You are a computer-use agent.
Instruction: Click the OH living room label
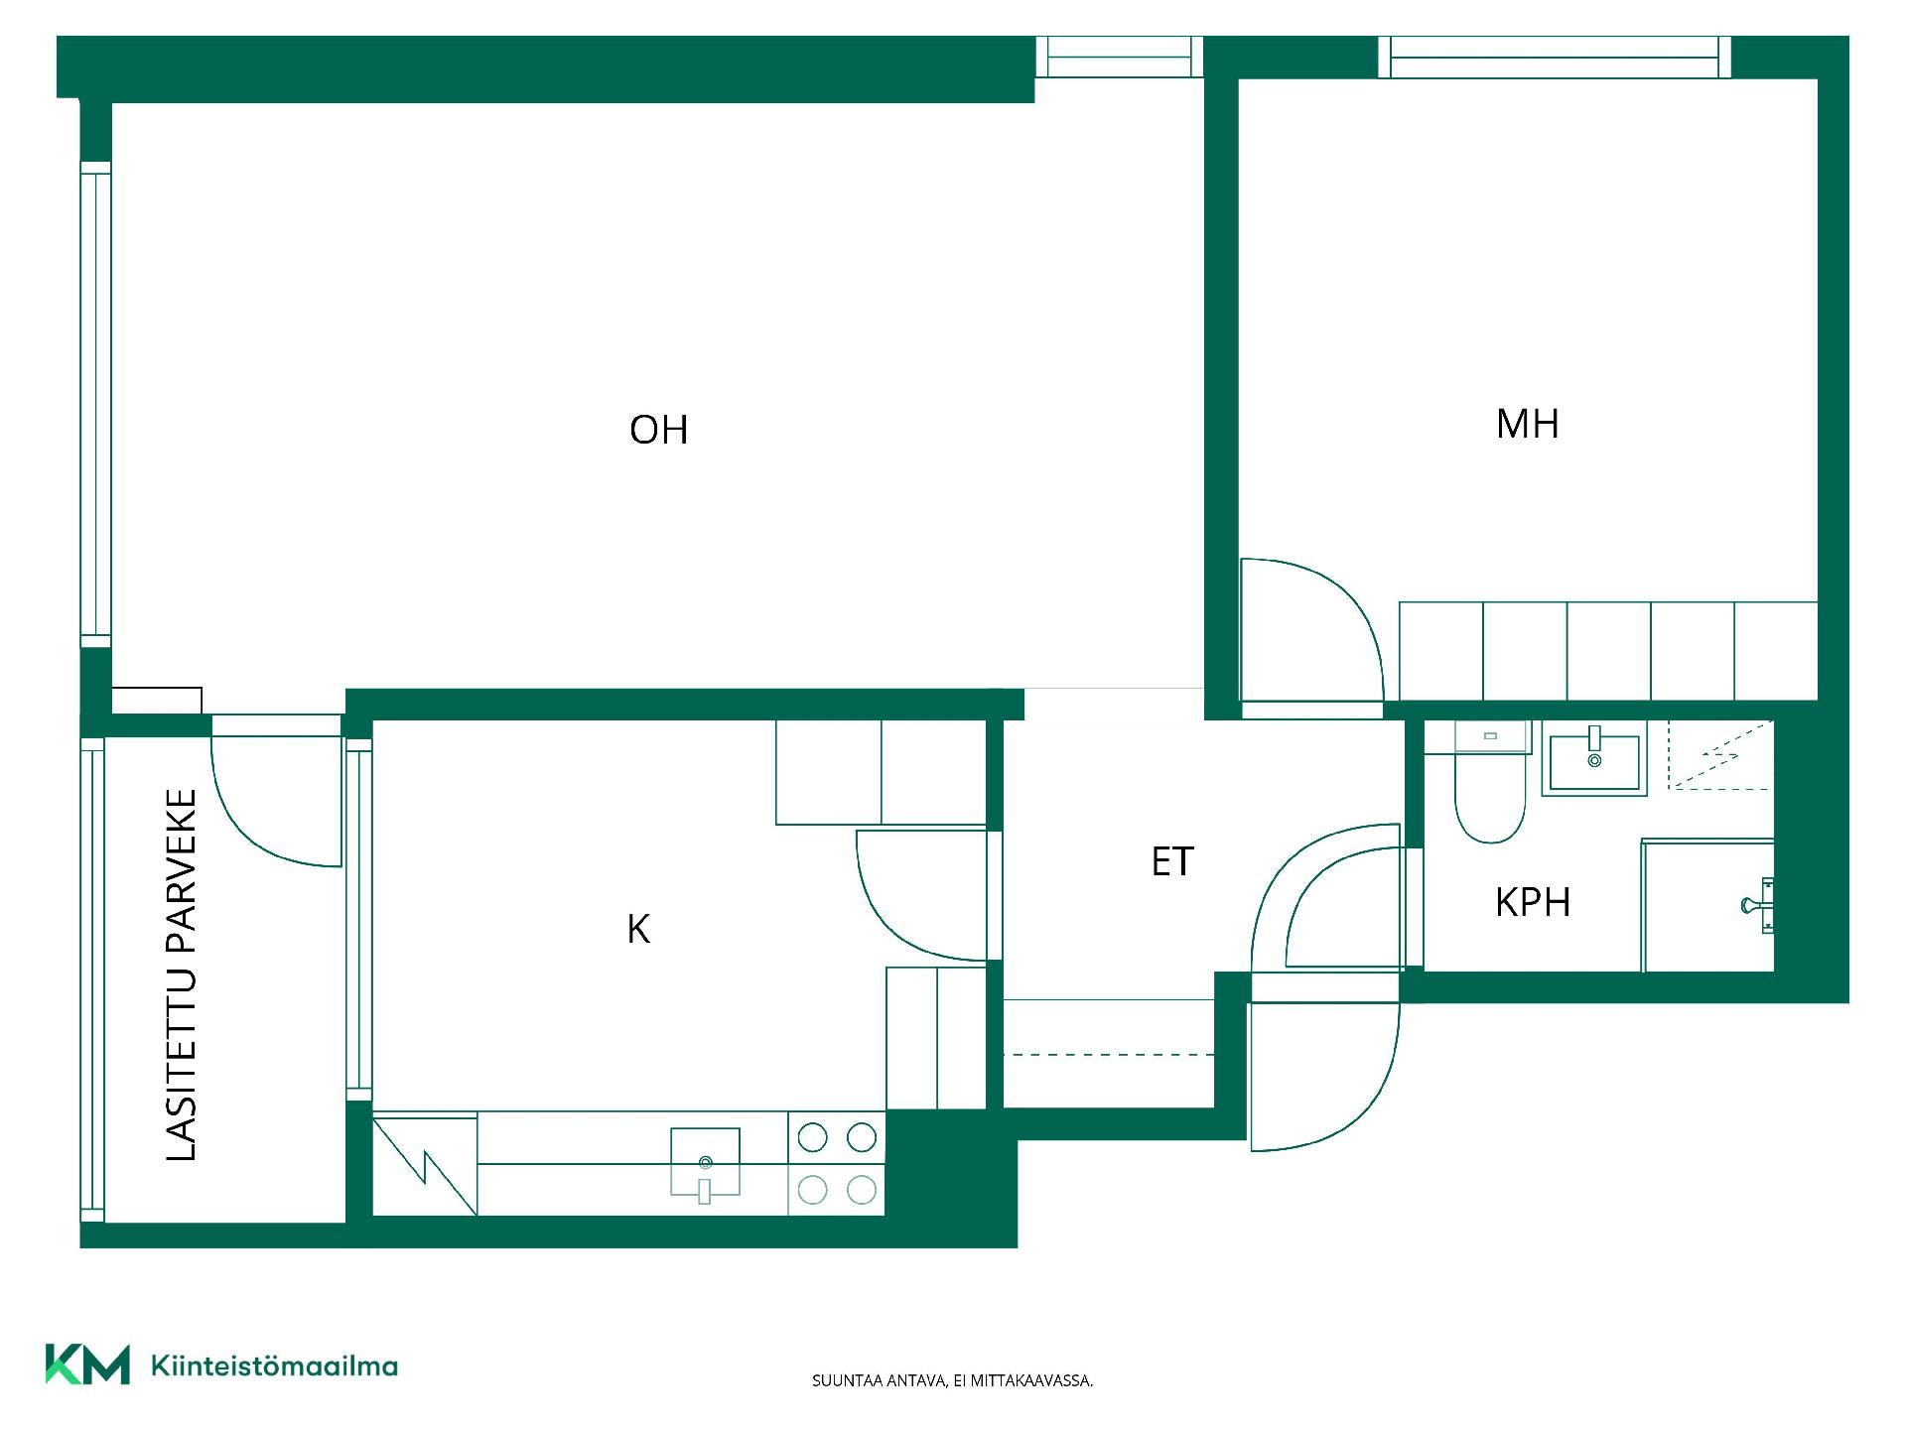[x=658, y=430]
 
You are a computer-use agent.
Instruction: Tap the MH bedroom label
[x=1527, y=424]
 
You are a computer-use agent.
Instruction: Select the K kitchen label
[x=638, y=929]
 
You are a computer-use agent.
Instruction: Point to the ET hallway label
[x=1172, y=861]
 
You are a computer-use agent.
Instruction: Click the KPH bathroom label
[x=1533, y=902]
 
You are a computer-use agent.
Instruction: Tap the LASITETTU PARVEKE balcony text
[x=182, y=974]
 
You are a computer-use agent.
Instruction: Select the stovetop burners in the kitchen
[x=837, y=1163]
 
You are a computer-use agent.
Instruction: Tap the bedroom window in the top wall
[x=1555, y=57]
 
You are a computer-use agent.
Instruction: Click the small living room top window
[x=1120, y=57]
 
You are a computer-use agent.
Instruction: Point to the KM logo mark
[x=87, y=1364]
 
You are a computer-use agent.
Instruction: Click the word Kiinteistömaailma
[x=274, y=1366]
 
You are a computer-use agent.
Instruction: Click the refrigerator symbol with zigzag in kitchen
[x=425, y=1164]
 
